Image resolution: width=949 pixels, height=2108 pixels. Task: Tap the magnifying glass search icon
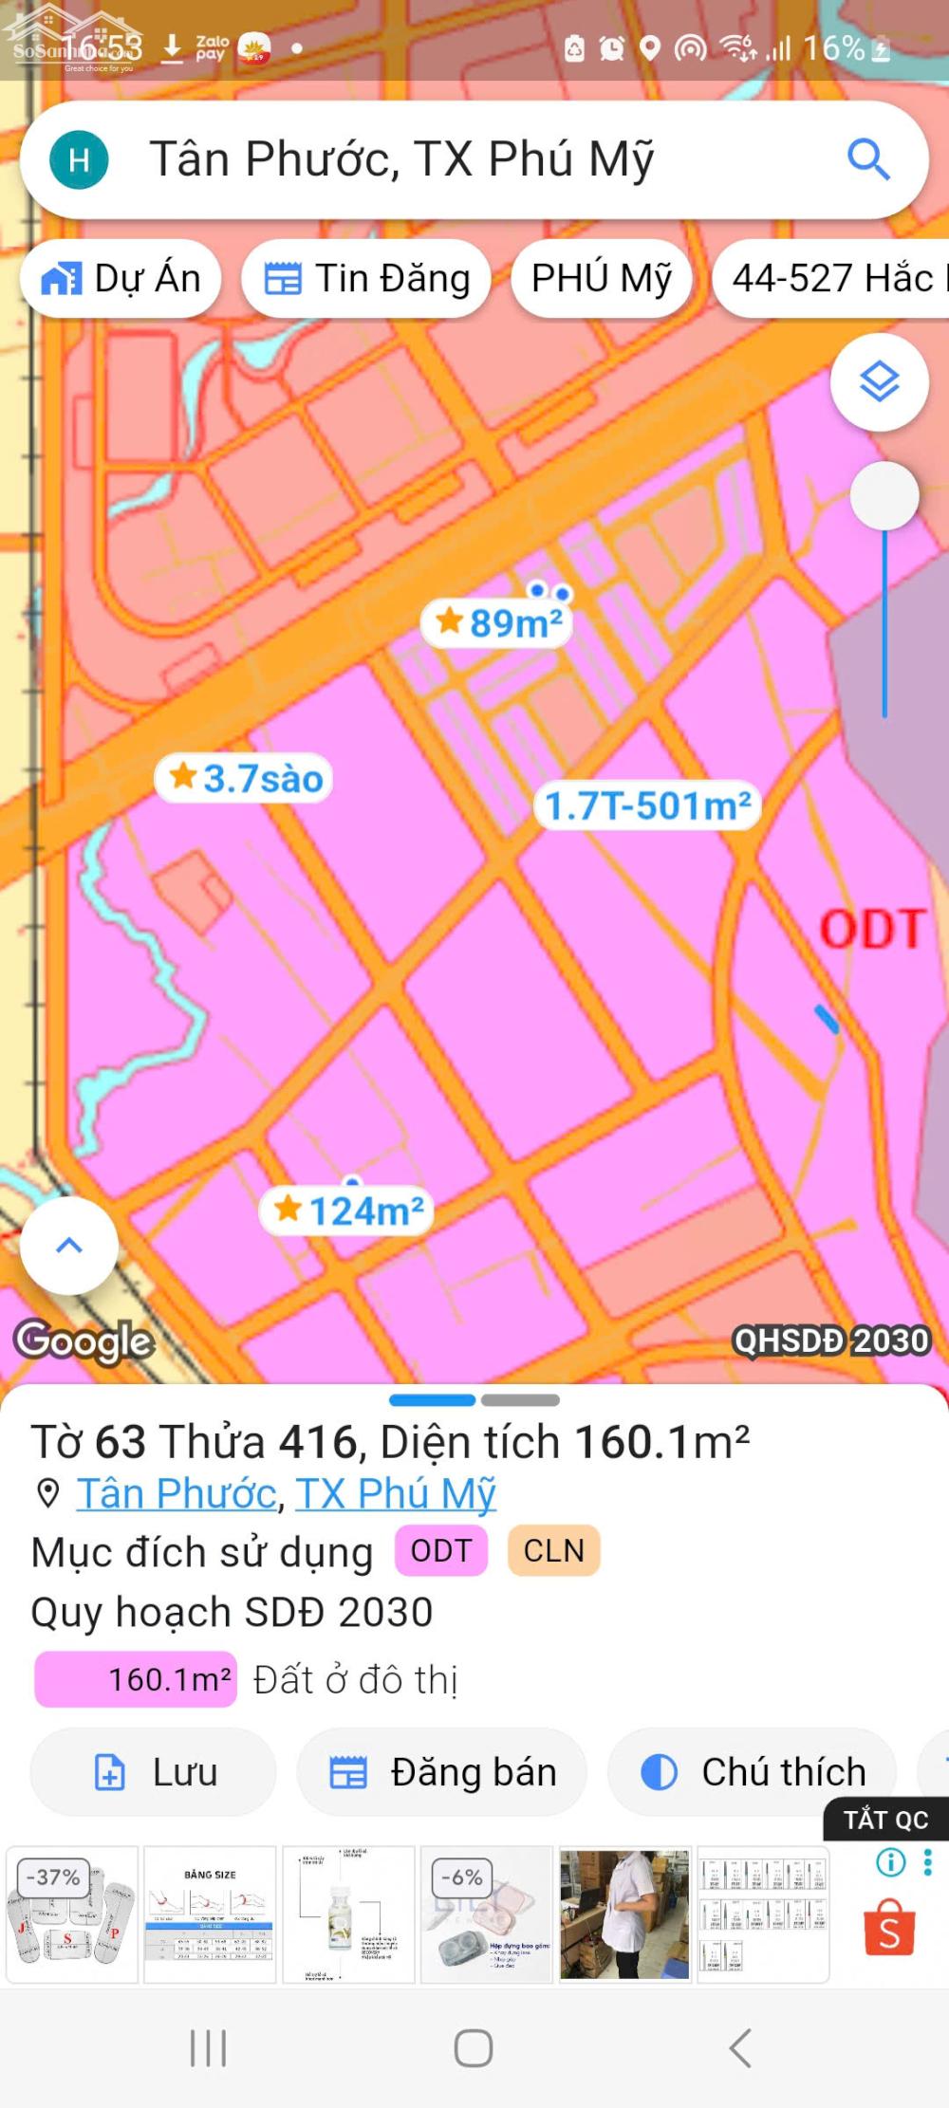tap(867, 159)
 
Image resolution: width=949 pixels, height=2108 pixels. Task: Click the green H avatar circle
tap(79, 159)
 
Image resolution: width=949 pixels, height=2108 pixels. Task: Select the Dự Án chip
tap(121, 279)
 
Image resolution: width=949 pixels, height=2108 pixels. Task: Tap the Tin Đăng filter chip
tap(366, 279)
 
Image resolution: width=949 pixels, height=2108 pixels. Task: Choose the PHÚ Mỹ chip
tap(602, 279)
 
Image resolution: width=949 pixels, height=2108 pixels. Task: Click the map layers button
tap(879, 382)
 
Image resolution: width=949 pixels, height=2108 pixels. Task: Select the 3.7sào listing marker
tap(245, 779)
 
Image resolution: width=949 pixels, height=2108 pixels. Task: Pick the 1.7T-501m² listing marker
tap(648, 806)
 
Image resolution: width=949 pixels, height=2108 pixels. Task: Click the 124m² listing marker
tap(347, 1211)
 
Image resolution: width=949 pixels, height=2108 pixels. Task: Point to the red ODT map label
tap(872, 930)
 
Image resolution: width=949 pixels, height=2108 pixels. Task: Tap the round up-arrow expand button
tap(69, 1246)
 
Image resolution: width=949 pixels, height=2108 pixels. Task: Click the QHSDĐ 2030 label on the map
tap(831, 1341)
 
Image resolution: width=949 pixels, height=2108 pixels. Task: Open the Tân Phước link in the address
tap(177, 1494)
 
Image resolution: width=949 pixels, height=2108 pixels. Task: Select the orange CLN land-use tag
tap(554, 1551)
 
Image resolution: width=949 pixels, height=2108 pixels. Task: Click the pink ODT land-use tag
tap(441, 1551)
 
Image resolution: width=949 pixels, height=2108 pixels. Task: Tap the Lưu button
tap(154, 1772)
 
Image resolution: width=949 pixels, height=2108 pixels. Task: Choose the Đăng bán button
tap(442, 1772)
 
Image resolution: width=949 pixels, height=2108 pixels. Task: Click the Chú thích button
tap(753, 1772)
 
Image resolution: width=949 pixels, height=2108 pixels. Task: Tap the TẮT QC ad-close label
tap(885, 1820)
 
